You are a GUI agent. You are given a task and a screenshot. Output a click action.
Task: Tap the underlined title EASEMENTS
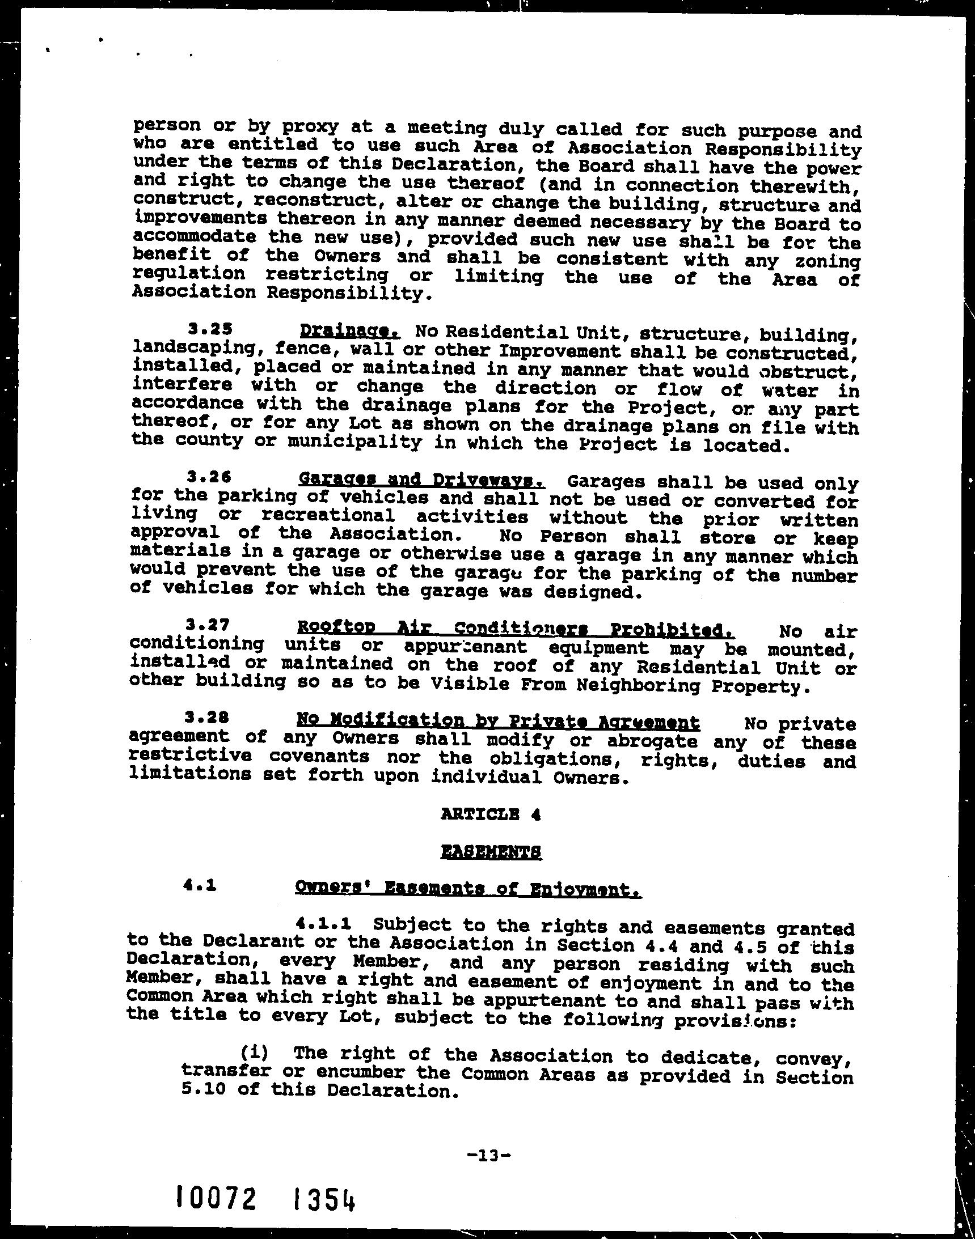click(492, 852)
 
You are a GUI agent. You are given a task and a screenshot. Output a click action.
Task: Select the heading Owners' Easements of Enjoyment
click(468, 889)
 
